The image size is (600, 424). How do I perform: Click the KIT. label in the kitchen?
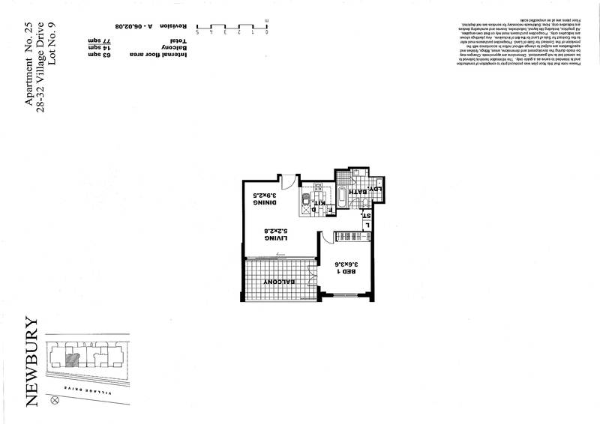point(321,203)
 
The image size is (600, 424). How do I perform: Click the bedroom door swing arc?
point(328,240)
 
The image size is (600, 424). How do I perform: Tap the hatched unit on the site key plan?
point(70,358)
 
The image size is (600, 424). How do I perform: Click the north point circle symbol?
point(53,401)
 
